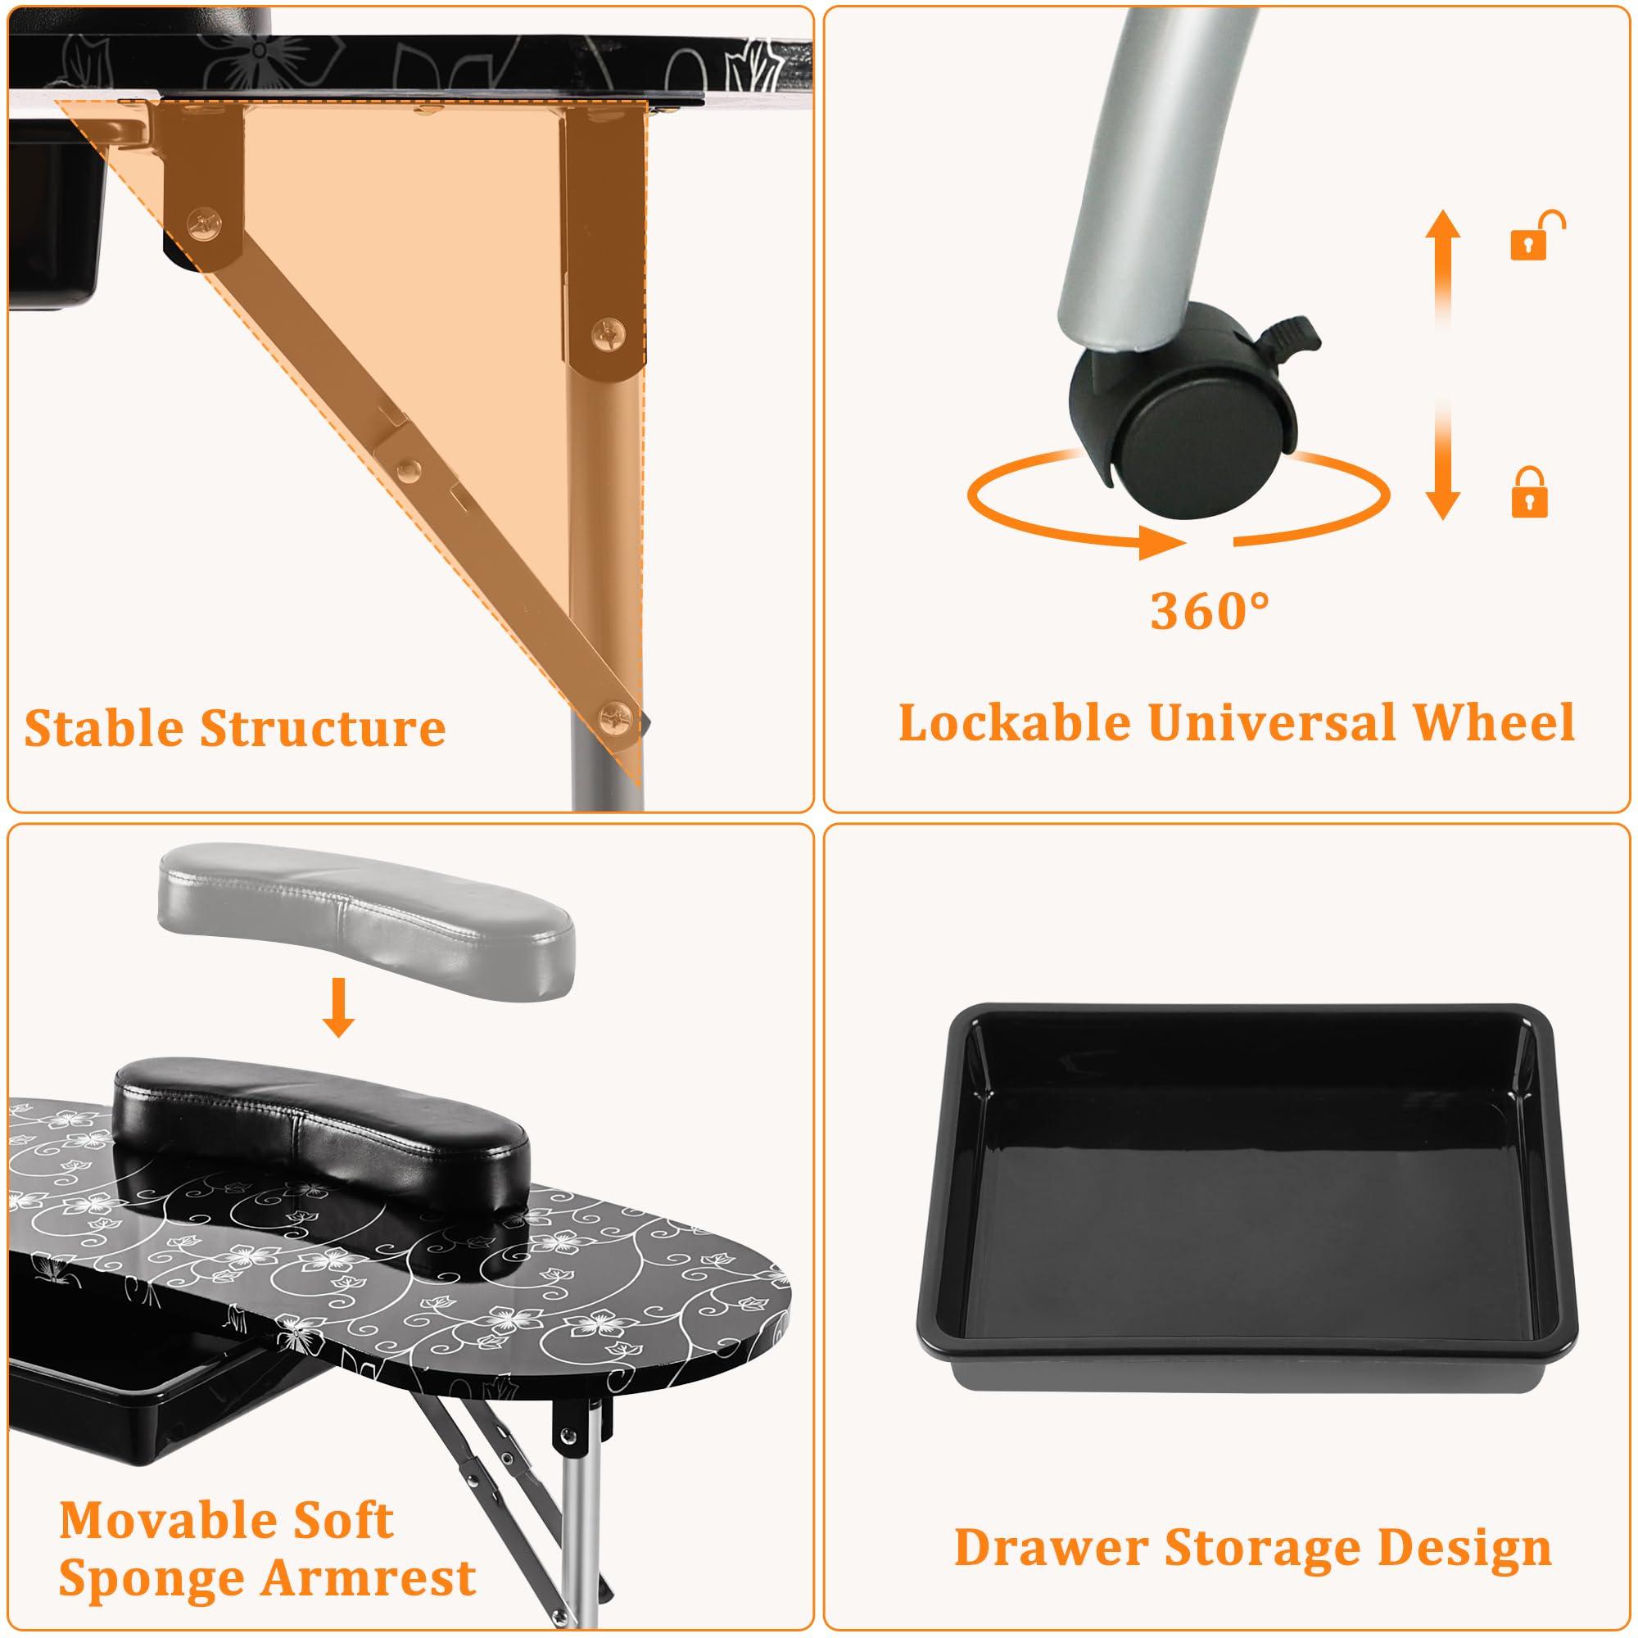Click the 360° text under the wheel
(x=1210, y=609)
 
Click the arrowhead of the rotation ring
(x=1161, y=541)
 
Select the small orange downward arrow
(x=339, y=1007)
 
